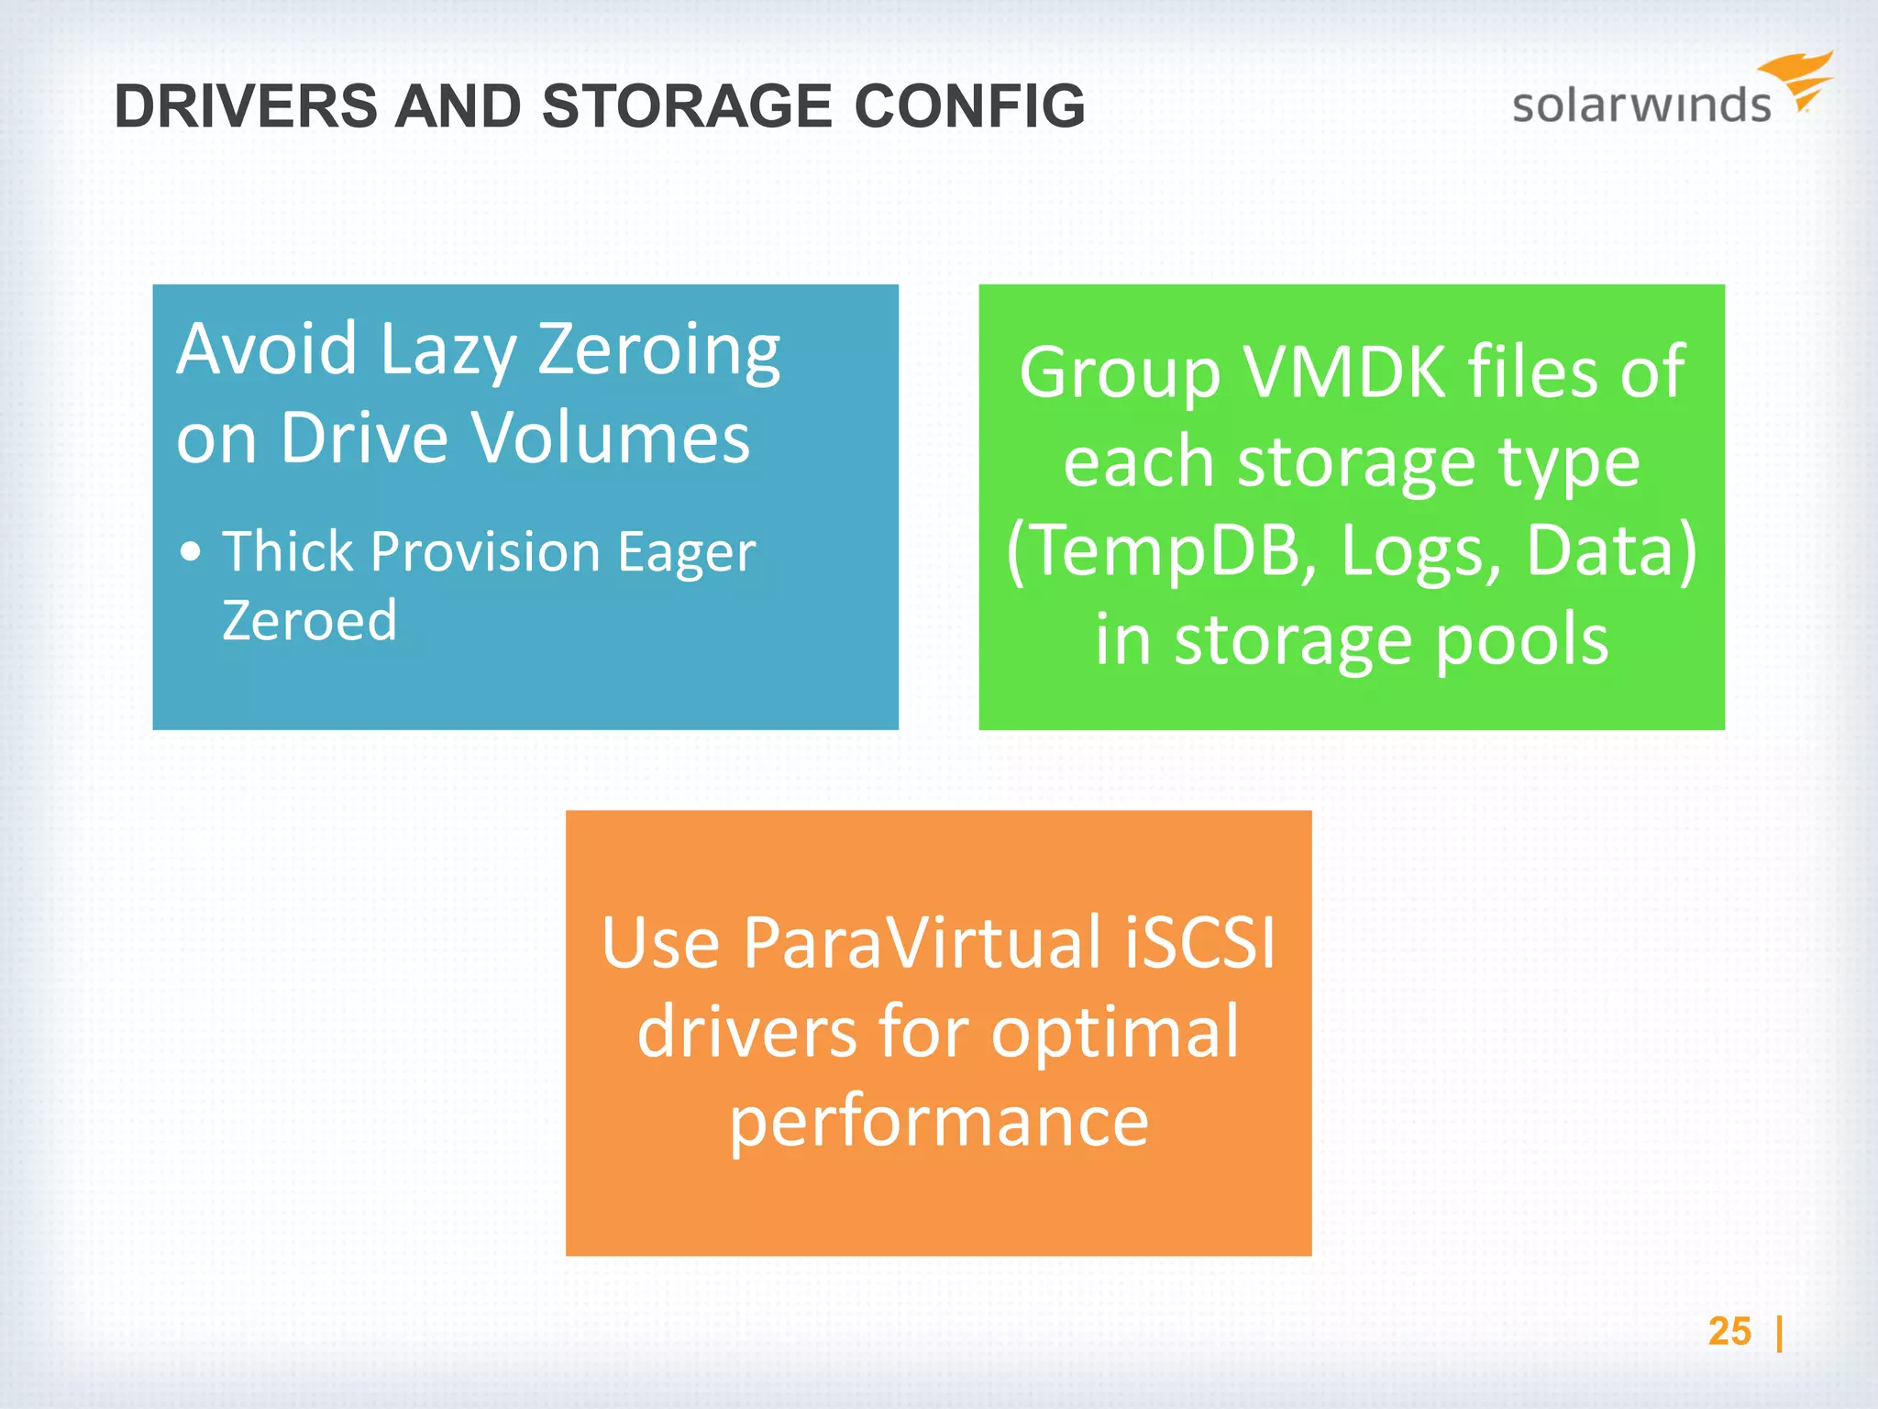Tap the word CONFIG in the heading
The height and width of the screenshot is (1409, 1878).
tap(969, 106)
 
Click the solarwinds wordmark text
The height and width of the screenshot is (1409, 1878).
tap(1640, 105)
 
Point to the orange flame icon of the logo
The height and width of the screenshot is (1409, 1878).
tap(1798, 78)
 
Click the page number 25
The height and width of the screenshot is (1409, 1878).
tap(1729, 1331)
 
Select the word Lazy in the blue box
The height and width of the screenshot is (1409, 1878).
tap(447, 349)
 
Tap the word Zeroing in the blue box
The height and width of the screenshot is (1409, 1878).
tap(658, 349)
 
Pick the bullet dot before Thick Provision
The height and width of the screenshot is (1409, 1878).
tap(191, 552)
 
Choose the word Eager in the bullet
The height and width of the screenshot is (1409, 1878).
tap(687, 553)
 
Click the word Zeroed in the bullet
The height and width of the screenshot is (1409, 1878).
tap(309, 620)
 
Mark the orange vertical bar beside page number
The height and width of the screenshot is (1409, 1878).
tap(1779, 1333)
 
